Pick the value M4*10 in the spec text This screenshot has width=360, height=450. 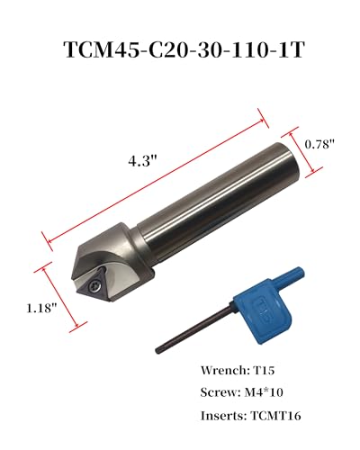(x=264, y=393)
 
